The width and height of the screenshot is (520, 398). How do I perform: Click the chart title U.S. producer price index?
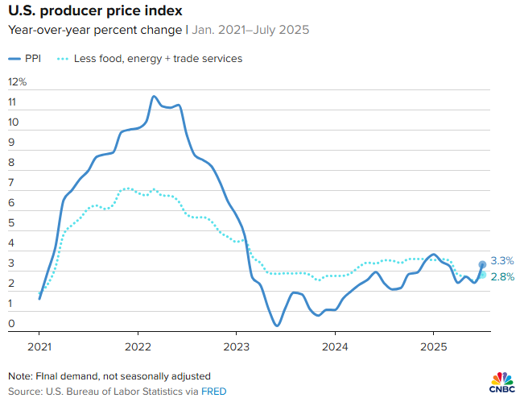coord(94,11)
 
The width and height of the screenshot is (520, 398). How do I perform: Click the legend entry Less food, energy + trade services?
coord(158,58)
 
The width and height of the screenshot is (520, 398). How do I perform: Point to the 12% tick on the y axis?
coord(18,82)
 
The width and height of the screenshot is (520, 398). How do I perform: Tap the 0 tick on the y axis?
coord(12,324)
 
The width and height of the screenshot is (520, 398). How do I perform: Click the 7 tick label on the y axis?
coord(12,183)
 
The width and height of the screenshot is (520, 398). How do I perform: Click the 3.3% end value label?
coord(501,261)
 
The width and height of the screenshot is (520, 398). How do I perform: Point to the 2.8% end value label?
coord(501,277)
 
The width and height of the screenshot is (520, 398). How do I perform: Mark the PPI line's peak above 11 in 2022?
coord(154,97)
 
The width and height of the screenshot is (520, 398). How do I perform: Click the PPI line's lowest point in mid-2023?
coord(276,325)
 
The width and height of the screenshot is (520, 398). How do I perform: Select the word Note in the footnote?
coord(20,376)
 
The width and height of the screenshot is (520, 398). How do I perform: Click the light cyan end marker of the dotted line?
coord(482,275)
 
